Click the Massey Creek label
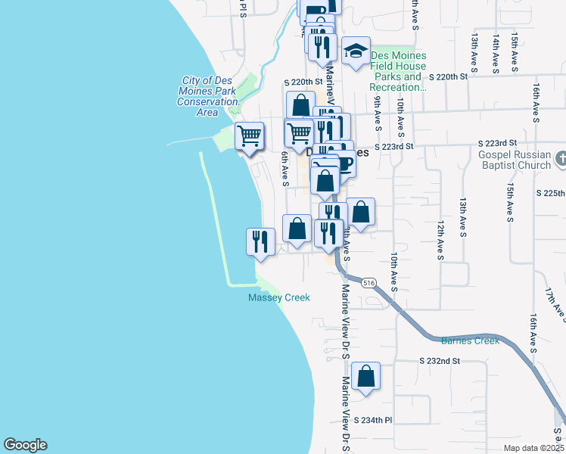[x=279, y=298]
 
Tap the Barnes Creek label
[x=470, y=340]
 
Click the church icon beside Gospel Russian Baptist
[x=561, y=159]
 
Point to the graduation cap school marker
[x=356, y=51]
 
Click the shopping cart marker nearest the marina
[x=249, y=137]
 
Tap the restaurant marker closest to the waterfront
[x=260, y=242]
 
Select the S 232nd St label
[x=440, y=362]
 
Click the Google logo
[x=25, y=445]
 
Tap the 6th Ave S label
[x=285, y=168]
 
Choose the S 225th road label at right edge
[x=551, y=193]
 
